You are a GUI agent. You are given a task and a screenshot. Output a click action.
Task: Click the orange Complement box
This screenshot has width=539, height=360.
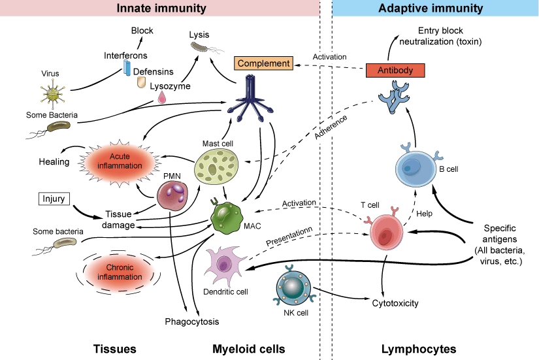click(x=263, y=63)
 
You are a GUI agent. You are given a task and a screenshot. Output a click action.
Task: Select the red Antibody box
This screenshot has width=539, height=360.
click(x=395, y=69)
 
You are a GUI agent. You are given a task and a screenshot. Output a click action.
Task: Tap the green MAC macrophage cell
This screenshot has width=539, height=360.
click(x=227, y=218)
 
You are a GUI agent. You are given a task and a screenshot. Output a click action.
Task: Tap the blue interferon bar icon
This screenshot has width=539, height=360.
click(x=128, y=71)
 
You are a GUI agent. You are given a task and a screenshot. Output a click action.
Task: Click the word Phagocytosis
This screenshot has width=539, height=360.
click(x=191, y=321)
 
